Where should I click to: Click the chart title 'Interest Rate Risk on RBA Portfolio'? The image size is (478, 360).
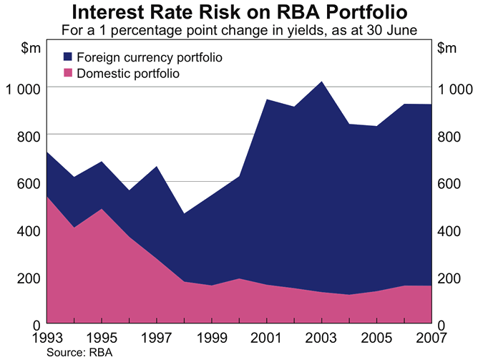[239, 13]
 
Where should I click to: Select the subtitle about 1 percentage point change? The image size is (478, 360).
[239, 31]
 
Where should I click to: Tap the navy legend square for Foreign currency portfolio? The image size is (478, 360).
[68, 57]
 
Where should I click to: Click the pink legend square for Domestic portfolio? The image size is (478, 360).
[68, 73]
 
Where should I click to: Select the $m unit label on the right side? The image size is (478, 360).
[446, 49]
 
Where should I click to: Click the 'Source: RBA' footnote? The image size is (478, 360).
[70, 352]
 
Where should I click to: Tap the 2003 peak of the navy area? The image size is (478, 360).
[322, 82]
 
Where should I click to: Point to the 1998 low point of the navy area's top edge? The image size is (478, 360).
[185, 213]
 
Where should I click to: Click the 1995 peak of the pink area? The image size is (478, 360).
[102, 210]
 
